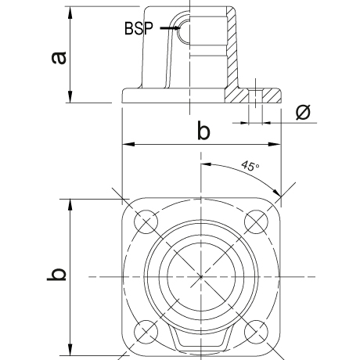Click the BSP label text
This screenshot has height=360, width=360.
click(x=139, y=28)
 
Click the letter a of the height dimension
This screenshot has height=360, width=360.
click(x=59, y=58)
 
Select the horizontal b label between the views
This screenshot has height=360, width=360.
click(x=203, y=130)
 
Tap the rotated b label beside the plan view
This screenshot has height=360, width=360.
click(x=56, y=275)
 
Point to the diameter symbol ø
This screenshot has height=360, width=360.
click(x=303, y=112)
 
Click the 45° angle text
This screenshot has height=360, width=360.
click(x=250, y=166)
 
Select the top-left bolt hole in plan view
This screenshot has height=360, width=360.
click(x=146, y=221)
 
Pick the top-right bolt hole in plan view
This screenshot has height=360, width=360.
click(x=256, y=221)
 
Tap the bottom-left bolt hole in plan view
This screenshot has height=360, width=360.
click(x=146, y=332)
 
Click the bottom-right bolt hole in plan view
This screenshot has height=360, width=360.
click(x=256, y=332)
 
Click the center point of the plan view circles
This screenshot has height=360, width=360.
click(x=201, y=276)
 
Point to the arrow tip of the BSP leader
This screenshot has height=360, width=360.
click(x=180, y=27)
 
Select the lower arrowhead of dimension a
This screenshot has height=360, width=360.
click(x=70, y=103)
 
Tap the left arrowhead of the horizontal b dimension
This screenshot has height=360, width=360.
click(x=123, y=144)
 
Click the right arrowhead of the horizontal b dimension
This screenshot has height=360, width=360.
click(x=280, y=144)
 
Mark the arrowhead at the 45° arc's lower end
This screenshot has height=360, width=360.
click(x=280, y=195)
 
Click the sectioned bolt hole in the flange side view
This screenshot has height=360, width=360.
click(x=255, y=95)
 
